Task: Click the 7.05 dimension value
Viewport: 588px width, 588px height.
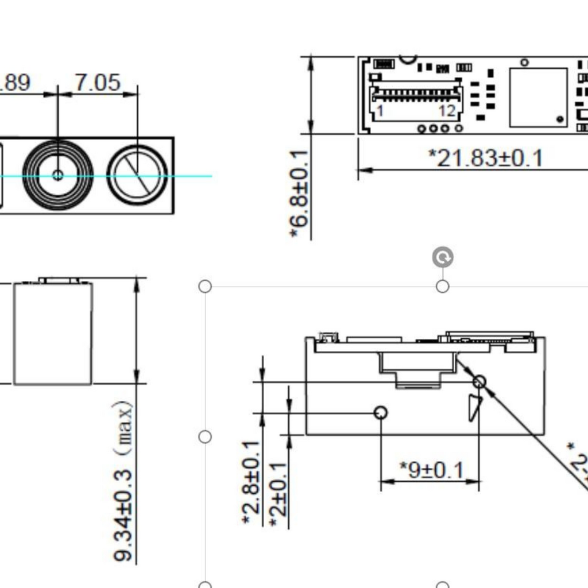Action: tap(98, 83)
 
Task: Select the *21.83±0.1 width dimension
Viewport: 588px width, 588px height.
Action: tap(485, 158)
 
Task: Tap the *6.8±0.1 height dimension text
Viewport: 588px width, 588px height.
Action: tap(300, 194)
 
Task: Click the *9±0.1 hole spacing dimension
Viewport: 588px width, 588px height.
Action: tap(431, 470)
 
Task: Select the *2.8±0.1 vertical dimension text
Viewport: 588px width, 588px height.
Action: tap(252, 482)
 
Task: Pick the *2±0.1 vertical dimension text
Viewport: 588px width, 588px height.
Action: tap(278, 494)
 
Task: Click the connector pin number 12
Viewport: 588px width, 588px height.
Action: tap(447, 111)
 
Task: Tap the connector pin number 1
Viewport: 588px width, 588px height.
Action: tap(380, 111)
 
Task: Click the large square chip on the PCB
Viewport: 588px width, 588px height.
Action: tap(539, 97)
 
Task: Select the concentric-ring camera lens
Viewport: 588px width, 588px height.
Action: tap(57, 175)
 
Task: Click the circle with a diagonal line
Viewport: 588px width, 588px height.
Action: tap(137, 175)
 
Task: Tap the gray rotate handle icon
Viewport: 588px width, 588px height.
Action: tap(443, 258)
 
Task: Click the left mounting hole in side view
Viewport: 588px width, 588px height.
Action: tap(381, 412)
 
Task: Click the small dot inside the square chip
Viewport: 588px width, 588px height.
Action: tap(560, 119)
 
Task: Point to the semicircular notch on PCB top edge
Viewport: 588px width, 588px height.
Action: tap(408, 59)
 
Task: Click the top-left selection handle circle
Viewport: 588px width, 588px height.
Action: tap(205, 286)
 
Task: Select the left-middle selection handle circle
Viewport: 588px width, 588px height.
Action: tap(205, 437)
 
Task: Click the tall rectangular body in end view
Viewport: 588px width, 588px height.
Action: tap(53, 333)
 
